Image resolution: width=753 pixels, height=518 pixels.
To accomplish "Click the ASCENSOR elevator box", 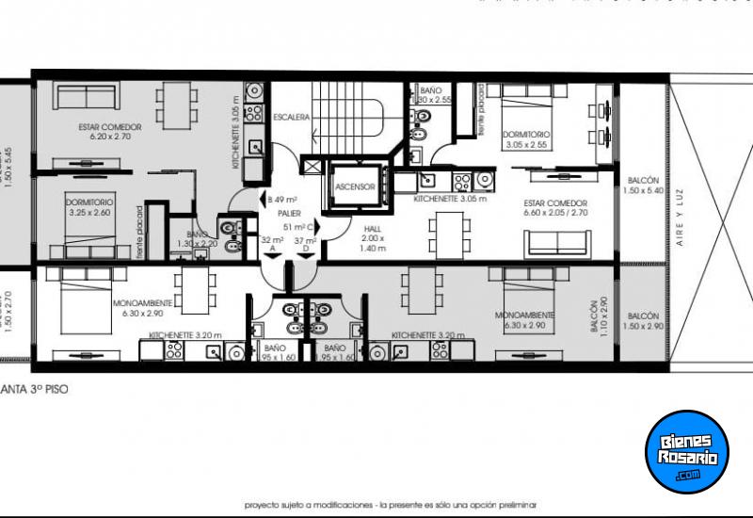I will click(355, 186).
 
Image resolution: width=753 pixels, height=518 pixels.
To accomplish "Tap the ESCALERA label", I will click(291, 118).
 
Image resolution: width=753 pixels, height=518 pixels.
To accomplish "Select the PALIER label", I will click(289, 214).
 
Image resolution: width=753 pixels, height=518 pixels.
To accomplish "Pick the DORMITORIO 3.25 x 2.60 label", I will click(89, 208).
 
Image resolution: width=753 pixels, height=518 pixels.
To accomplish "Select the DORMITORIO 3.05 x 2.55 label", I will click(526, 139).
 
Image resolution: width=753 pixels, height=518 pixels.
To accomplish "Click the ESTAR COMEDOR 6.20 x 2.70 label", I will click(110, 131).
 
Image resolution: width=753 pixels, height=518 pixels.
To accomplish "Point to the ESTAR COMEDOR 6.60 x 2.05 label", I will click(555, 208).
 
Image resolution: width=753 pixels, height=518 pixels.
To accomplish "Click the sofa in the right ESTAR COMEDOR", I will click(557, 243).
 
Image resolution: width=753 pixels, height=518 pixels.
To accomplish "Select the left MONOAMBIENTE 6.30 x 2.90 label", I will click(141, 308).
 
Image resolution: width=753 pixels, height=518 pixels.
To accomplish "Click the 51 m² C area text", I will click(296, 227).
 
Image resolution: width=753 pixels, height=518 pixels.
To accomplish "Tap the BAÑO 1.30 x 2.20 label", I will click(197, 239).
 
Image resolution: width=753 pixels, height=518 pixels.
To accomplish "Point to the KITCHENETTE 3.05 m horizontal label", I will click(450, 199).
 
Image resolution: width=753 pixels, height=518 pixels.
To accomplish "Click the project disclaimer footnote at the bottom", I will click(395, 504).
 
